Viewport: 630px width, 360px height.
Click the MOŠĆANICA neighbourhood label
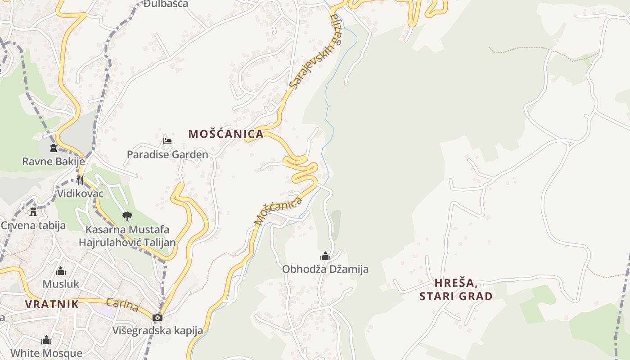coord(226,134)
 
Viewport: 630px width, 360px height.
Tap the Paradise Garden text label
coord(167,155)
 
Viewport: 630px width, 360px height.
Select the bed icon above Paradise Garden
coord(167,141)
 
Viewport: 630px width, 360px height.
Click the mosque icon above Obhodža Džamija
coord(325,256)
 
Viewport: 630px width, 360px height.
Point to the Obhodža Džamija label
coord(325,269)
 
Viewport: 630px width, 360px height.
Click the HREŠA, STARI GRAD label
coord(456,289)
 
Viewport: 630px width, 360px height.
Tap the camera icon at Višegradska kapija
coord(157,317)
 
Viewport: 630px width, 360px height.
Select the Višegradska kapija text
coord(157,331)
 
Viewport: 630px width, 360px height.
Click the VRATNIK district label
coord(52,304)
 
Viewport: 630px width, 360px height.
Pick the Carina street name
coord(122,305)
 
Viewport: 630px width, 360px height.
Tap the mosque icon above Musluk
coord(61,271)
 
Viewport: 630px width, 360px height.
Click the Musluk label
coord(61,284)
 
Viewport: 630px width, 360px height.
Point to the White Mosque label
coord(46,353)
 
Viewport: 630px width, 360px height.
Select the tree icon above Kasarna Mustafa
coord(127,216)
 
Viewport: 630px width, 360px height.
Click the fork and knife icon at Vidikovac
coord(80,180)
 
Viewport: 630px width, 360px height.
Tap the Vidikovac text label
coord(80,193)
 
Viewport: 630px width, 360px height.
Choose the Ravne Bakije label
coord(53,161)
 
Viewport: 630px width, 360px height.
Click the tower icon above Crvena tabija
coord(33,211)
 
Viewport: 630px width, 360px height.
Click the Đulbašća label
coord(166,4)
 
